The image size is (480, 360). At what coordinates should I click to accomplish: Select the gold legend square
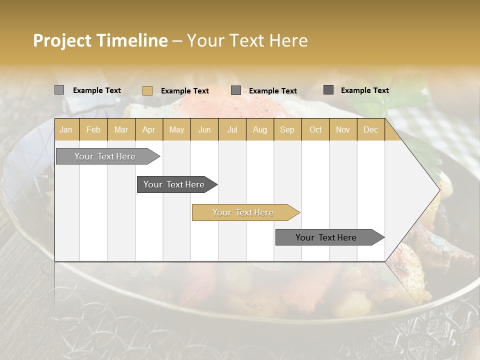[147, 90]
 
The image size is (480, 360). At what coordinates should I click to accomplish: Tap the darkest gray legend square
[328, 90]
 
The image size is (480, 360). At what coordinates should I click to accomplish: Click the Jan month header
[66, 130]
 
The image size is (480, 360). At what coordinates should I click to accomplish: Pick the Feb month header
[93, 130]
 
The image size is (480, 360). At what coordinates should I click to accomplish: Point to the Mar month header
[121, 130]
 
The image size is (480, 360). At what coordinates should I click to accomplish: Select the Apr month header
[148, 130]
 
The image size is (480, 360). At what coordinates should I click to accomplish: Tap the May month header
[176, 130]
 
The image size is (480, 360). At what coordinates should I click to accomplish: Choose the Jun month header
[204, 130]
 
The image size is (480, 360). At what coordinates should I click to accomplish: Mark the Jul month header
[232, 130]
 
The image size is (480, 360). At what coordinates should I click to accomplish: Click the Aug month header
[259, 130]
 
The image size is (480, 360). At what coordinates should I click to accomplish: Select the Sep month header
[287, 130]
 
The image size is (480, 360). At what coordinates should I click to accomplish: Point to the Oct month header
[315, 130]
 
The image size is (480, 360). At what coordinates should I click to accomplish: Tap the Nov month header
[343, 130]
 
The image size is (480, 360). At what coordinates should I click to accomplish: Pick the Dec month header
[370, 130]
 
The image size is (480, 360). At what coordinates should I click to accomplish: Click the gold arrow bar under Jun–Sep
[243, 212]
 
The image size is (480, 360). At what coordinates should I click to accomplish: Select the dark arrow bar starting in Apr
[174, 184]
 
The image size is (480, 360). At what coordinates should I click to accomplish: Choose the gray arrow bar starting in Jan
[105, 156]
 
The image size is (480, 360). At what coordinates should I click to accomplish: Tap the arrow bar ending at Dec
[326, 237]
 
